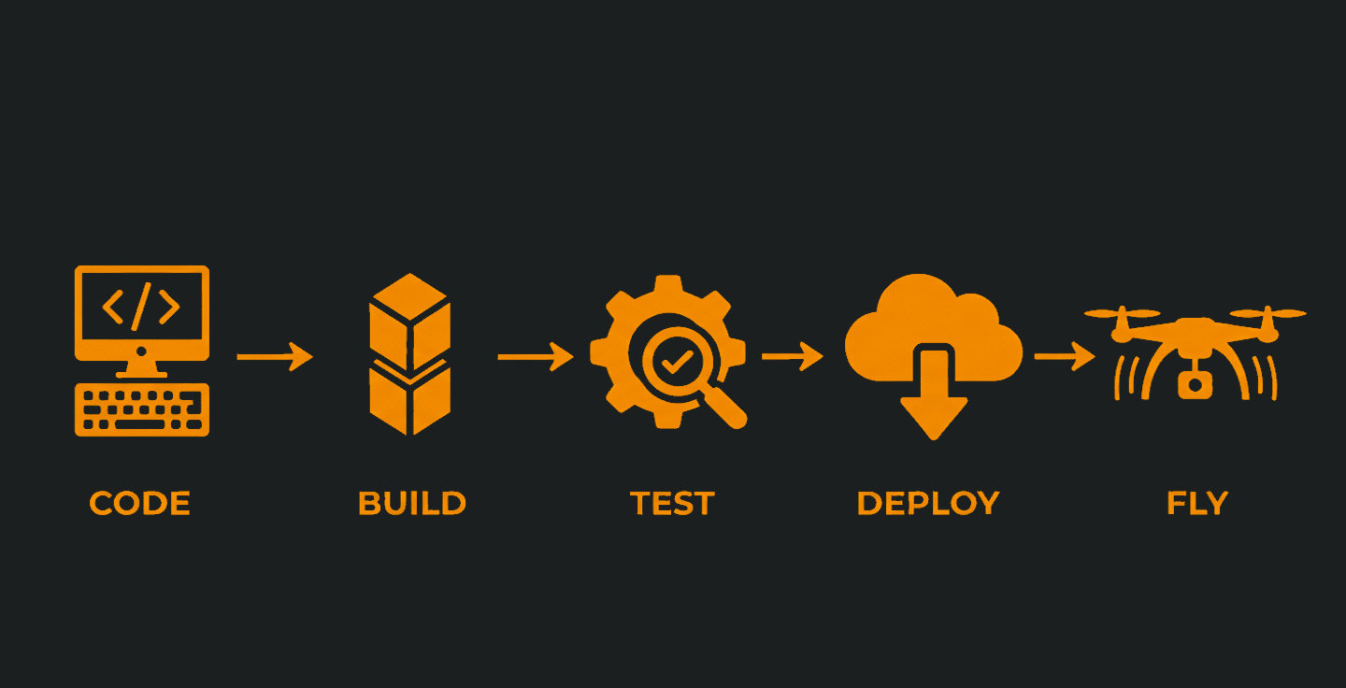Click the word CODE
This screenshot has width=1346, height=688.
(x=139, y=504)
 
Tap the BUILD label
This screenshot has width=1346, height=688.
(x=411, y=504)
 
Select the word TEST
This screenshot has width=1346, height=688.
(x=671, y=504)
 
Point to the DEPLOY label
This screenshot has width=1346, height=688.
(x=927, y=504)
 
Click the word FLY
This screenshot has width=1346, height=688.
(x=1196, y=504)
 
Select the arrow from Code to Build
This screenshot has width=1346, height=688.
(x=274, y=356)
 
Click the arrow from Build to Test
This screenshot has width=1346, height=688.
(x=535, y=356)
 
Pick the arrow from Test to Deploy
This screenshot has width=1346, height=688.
(x=792, y=356)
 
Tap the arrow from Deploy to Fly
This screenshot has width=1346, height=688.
(x=1064, y=356)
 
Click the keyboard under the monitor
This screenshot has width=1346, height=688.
(x=142, y=409)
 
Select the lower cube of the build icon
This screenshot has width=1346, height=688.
(x=409, y=397)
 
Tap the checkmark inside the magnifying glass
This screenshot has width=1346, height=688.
(x=671, y=358)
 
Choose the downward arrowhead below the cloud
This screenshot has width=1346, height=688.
(x=933, y=416)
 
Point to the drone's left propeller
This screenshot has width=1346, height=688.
(x=1122, y=313)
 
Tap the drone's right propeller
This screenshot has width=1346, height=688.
(x=1267, y=313)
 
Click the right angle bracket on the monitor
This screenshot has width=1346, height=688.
(x=168, y=307)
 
